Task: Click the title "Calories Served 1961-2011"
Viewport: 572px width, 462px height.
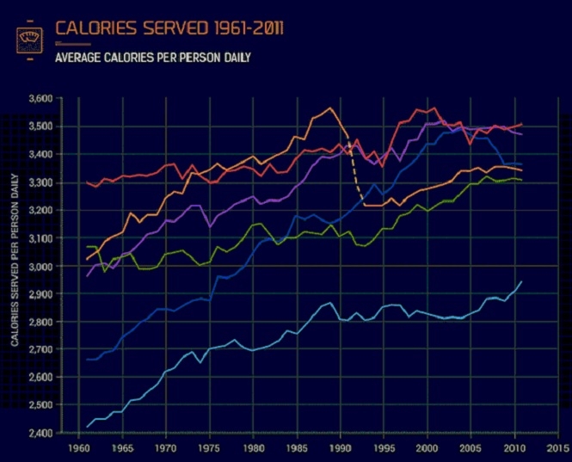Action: (169, 28)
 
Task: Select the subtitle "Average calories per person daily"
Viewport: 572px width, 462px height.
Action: (152, 59)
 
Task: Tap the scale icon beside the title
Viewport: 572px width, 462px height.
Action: (30, 40)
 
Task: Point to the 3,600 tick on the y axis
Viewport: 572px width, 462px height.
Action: (40, 99)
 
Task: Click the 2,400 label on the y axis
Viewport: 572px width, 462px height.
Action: (40, 433)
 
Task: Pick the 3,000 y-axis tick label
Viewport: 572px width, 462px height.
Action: (40, 266)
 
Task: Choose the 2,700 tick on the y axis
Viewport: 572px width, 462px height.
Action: (40, 349)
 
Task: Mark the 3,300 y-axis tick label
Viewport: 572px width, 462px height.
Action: (40, 182)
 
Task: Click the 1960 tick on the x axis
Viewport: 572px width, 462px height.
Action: (78, 448)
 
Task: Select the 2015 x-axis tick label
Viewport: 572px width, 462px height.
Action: (557, 448)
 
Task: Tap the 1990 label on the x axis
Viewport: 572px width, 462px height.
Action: (340, 448)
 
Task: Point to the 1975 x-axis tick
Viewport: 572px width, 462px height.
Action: (209, 448)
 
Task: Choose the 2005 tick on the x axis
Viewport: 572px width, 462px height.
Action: (471, 448)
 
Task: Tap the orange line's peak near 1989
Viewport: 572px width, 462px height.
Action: (330, 108)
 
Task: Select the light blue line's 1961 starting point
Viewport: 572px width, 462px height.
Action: (87, 427)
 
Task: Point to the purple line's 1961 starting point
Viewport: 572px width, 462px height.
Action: (87, 276)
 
